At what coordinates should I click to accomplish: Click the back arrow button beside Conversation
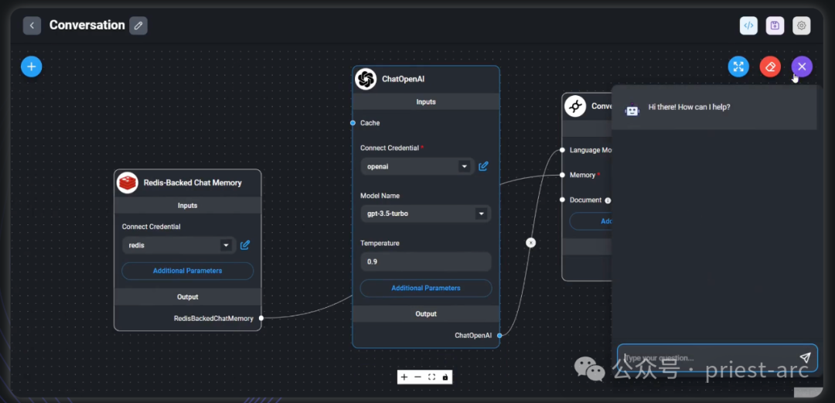(32, 26)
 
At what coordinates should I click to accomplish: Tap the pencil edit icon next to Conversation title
(138, 26)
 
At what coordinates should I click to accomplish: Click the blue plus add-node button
(32, 67)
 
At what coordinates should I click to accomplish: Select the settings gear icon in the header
(802, 26)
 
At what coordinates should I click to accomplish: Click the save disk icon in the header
(775, 26)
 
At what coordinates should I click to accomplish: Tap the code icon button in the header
(748, 26)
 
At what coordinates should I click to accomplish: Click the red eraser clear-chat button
(770, 67)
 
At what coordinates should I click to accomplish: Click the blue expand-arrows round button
(738, 67)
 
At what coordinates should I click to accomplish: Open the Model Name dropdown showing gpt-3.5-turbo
(425, 213)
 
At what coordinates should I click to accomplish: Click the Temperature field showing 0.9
(425, 261)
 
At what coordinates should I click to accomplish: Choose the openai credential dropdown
(417, 166)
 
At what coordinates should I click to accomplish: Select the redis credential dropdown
(179, 245)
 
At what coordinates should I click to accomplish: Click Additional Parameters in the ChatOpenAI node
(425, 288)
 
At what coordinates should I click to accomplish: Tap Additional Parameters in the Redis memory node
(187, 271)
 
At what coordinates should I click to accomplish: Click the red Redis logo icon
(128, 183)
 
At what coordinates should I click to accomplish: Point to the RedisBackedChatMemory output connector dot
(261, 318)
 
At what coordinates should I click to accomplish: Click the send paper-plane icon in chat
(805, 358)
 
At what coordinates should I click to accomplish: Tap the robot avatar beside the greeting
(632, 110)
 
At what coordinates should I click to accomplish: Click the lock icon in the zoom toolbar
(445, 377)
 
